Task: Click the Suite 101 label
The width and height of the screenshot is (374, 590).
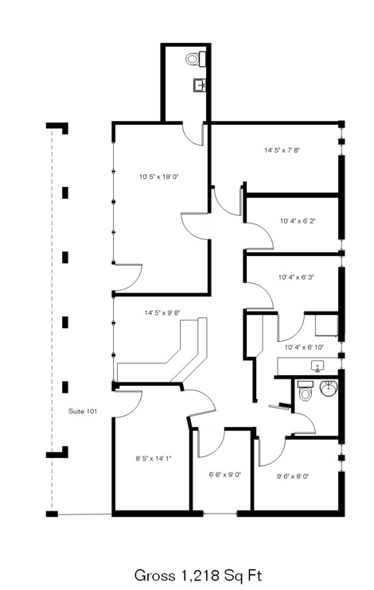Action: click(x=83, y=411)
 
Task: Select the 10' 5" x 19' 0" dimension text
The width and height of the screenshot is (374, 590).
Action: click(x=158, y=177)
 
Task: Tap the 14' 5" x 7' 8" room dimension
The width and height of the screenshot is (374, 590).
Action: click(x=282, y=150)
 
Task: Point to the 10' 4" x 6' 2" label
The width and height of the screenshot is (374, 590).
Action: click(x=298, y=221)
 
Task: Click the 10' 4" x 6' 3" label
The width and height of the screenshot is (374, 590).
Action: click(x=296, y=278)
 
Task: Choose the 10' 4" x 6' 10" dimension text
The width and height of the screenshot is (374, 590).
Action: click(x=304, y=347)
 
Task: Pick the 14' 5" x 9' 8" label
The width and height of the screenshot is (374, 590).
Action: click(x=162, y=312)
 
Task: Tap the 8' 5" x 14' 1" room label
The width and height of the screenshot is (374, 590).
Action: click(x=154, y=459)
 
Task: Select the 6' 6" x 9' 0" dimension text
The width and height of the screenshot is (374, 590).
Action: click(x=225, y=475)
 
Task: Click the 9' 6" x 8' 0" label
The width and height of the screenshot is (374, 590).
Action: click(x=293, y=476)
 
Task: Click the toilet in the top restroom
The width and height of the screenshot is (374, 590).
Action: click(x=195, y=59)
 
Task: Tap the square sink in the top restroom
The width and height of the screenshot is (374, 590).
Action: click(x=200, y=85)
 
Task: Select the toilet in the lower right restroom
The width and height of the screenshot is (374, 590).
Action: click(x=305, y=390)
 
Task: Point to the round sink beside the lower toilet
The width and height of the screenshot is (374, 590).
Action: click(x=329, y=388)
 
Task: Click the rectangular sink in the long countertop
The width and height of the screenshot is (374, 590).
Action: click(x=318, y=366)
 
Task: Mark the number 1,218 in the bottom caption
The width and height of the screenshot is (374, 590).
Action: click(x=200, y=576)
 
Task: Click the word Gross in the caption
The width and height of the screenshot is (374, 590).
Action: click(x=155, y=576)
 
